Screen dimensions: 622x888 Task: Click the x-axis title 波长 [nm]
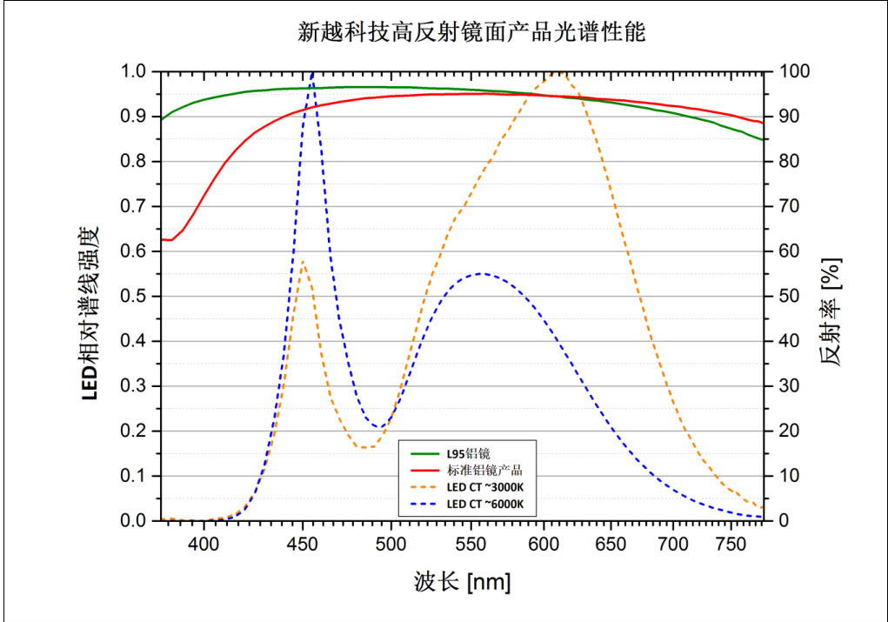pyautogui.click(x=461, y=581)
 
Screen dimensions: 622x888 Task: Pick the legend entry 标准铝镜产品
pyautogui.click(x=483, y=470)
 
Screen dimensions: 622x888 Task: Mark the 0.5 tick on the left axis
pyautogui.click(x=135, y=297)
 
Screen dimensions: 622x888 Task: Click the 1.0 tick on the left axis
pyautogui.click(x=135, y=71)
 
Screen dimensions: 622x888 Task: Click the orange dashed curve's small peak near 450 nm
pyautogui.click(x=304, y=261)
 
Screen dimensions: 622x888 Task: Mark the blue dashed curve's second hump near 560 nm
pyautogui.click(x=484, y=273)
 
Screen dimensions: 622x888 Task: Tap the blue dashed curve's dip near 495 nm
pyautogui.click(x=379, y=427)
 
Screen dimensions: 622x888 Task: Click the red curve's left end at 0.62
pyautogui.click(x=162, y=239)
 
